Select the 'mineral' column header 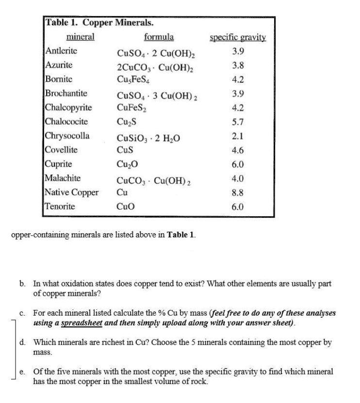[80, 37]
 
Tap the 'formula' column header [159, 37]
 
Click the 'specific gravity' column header [237, 37]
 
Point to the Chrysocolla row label [67, 136]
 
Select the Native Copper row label [71, 192]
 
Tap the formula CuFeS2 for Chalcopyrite [131, 108]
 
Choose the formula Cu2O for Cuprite [127, 164]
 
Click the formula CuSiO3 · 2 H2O [148, 137]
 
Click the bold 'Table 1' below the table [180, 235]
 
